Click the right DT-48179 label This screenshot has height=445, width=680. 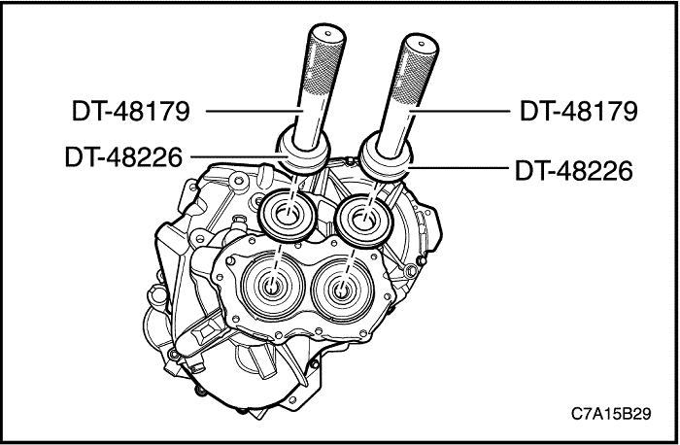click(x=578, y=111)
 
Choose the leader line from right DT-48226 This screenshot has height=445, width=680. click(x=457, y=170)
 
